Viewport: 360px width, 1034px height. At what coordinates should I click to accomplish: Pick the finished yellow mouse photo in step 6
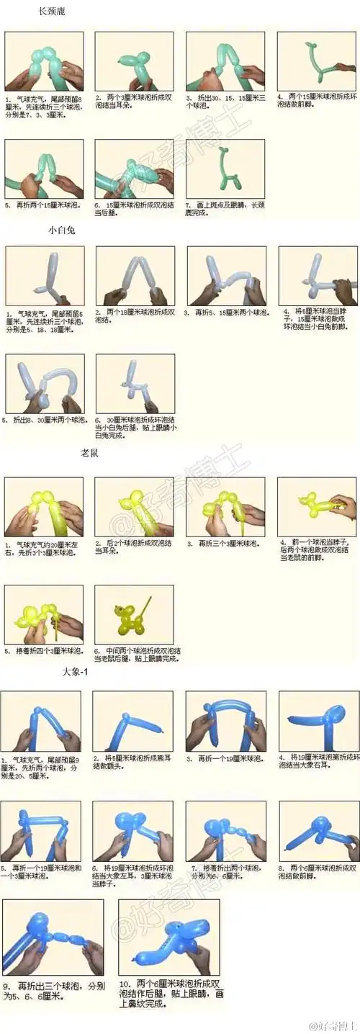coord(134,614)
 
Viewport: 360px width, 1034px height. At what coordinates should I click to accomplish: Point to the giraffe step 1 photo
coord(44,61)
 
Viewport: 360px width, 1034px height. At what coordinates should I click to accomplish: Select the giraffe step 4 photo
coord(316,61)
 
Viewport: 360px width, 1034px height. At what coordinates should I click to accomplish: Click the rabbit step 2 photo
coord(135,276)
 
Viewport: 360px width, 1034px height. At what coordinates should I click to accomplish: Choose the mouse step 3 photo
coord(225,507)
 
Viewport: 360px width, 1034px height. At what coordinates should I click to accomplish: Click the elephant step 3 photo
coord(225,721)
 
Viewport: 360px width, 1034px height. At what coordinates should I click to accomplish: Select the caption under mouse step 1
coord(43,549)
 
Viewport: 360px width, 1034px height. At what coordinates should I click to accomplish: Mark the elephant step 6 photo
coord(133,831)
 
